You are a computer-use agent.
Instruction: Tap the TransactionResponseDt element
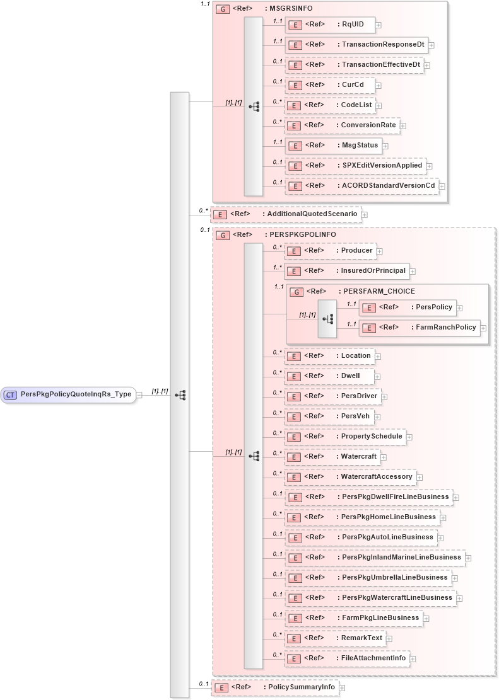(x=356, y=45)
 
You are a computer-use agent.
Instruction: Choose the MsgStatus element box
(x=334, y=146)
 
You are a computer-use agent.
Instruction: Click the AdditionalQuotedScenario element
(x=286, y=214)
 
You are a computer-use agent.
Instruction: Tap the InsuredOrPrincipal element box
(x=346, y=271)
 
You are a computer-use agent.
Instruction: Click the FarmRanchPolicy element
(x=419, y=328)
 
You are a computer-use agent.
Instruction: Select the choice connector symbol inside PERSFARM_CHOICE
(x=327, y=319)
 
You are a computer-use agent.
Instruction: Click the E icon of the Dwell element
(x=293, y=376)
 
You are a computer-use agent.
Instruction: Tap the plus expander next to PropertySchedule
(x=409, y=437)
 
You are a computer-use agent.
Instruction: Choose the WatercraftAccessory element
(x=350, y=477)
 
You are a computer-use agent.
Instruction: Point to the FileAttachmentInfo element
(x=346, y=658)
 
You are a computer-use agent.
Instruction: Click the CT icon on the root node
(x=10, y=394)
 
